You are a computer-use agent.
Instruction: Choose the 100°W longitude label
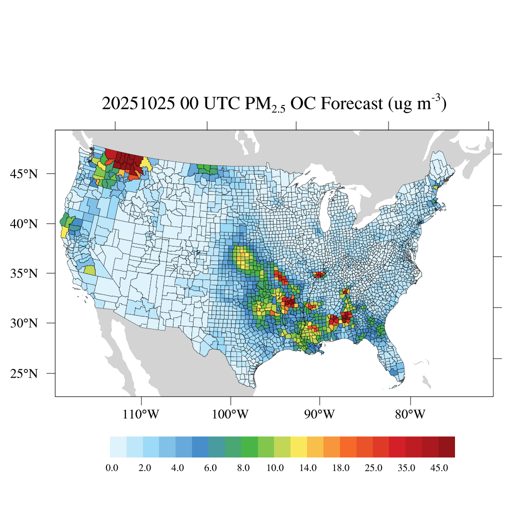point(231,414)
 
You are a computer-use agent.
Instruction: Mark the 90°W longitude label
point(320,414)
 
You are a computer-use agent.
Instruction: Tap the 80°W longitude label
point(410,414)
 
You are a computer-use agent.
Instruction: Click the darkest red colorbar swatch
point(446,447)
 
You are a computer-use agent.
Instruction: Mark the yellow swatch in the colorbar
point(298,447)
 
